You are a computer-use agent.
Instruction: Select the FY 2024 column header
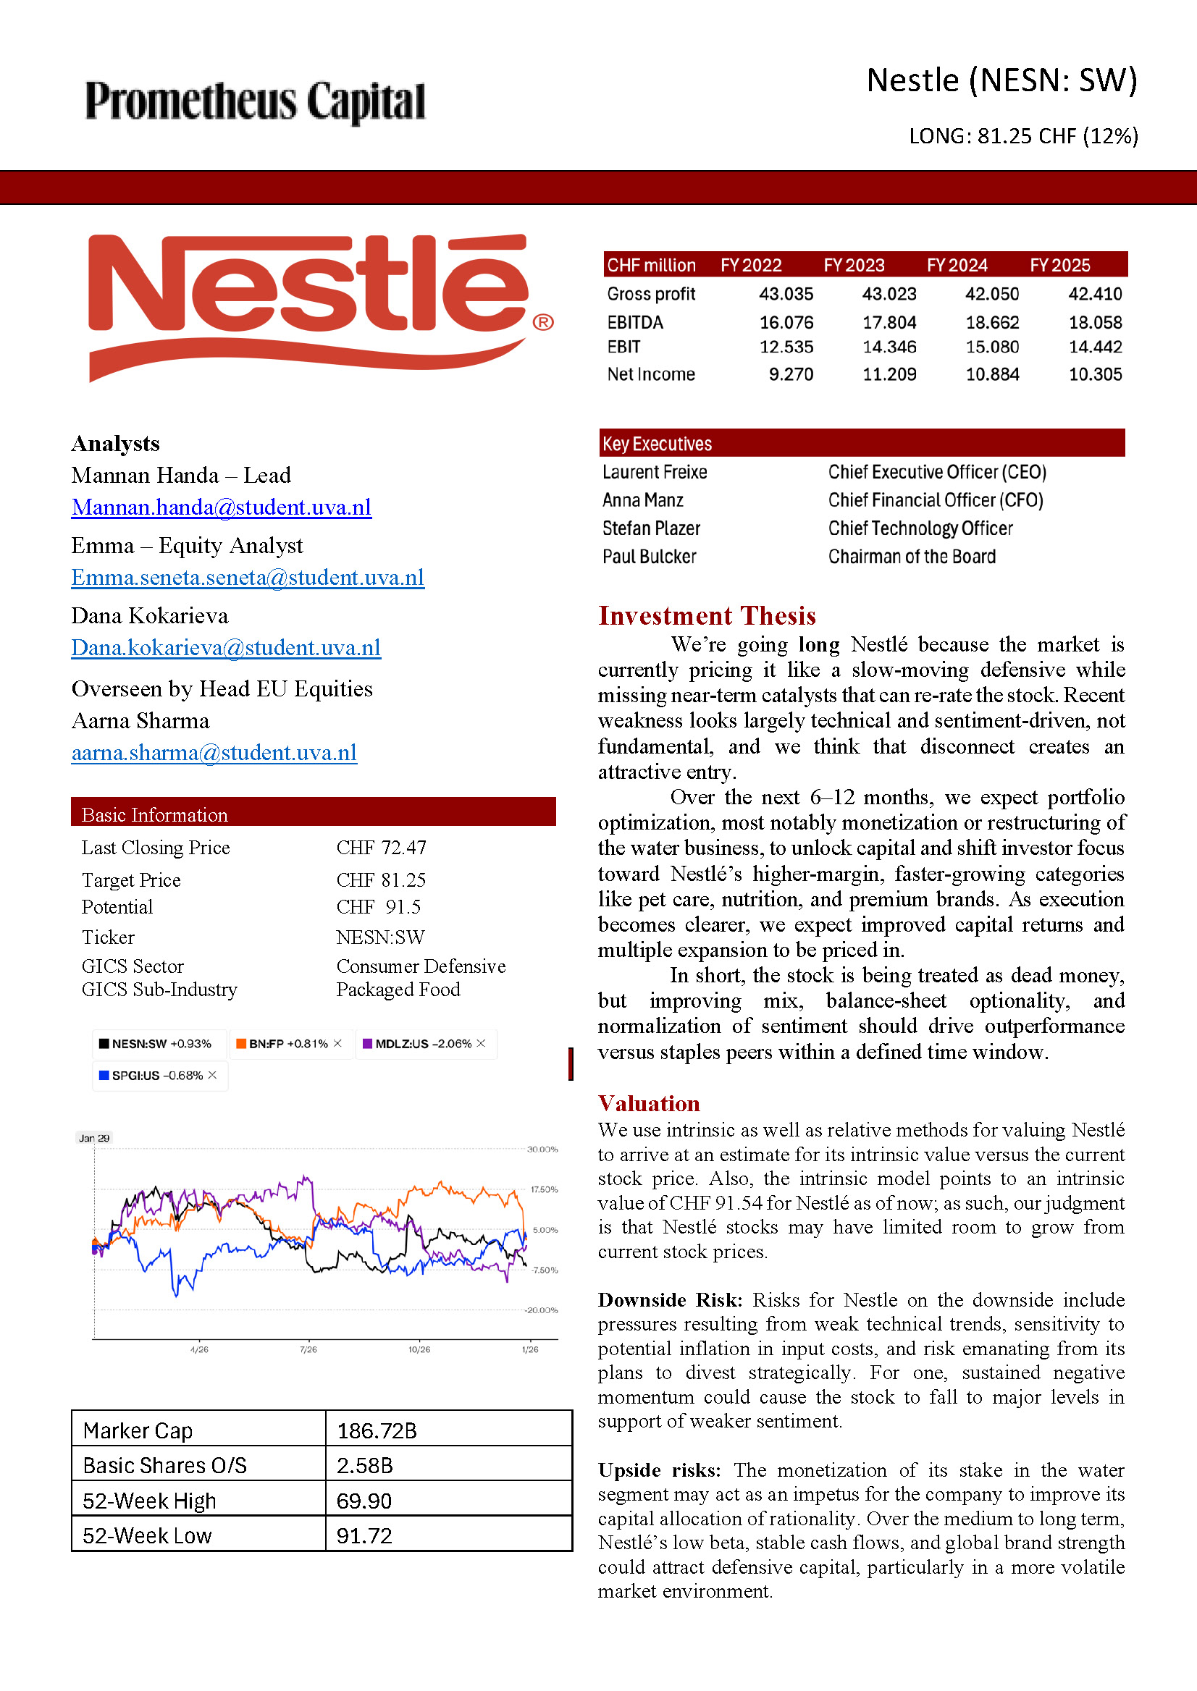[957, 265]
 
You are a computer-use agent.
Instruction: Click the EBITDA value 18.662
[992, 323]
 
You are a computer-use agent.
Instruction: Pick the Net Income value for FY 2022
[791, 374]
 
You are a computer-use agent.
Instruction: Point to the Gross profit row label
[651, 294]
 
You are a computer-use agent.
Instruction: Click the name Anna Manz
[643, 500]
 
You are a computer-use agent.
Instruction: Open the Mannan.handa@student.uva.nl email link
[221, 507]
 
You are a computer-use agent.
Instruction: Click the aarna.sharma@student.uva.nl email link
[214, 752]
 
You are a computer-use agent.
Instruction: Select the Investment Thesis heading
[707, 615]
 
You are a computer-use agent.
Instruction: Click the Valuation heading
[649, 1103]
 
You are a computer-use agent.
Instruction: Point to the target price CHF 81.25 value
[381, 880]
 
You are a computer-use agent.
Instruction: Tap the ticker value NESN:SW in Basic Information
[380, 937]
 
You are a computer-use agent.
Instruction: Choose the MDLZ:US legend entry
[423, 1043]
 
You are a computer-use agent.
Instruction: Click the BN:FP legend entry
[287, 1043]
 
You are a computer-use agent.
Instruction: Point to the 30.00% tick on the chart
[542, 1149]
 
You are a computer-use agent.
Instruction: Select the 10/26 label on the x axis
[419, 1349]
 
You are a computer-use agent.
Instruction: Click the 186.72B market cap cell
[377, 1430]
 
